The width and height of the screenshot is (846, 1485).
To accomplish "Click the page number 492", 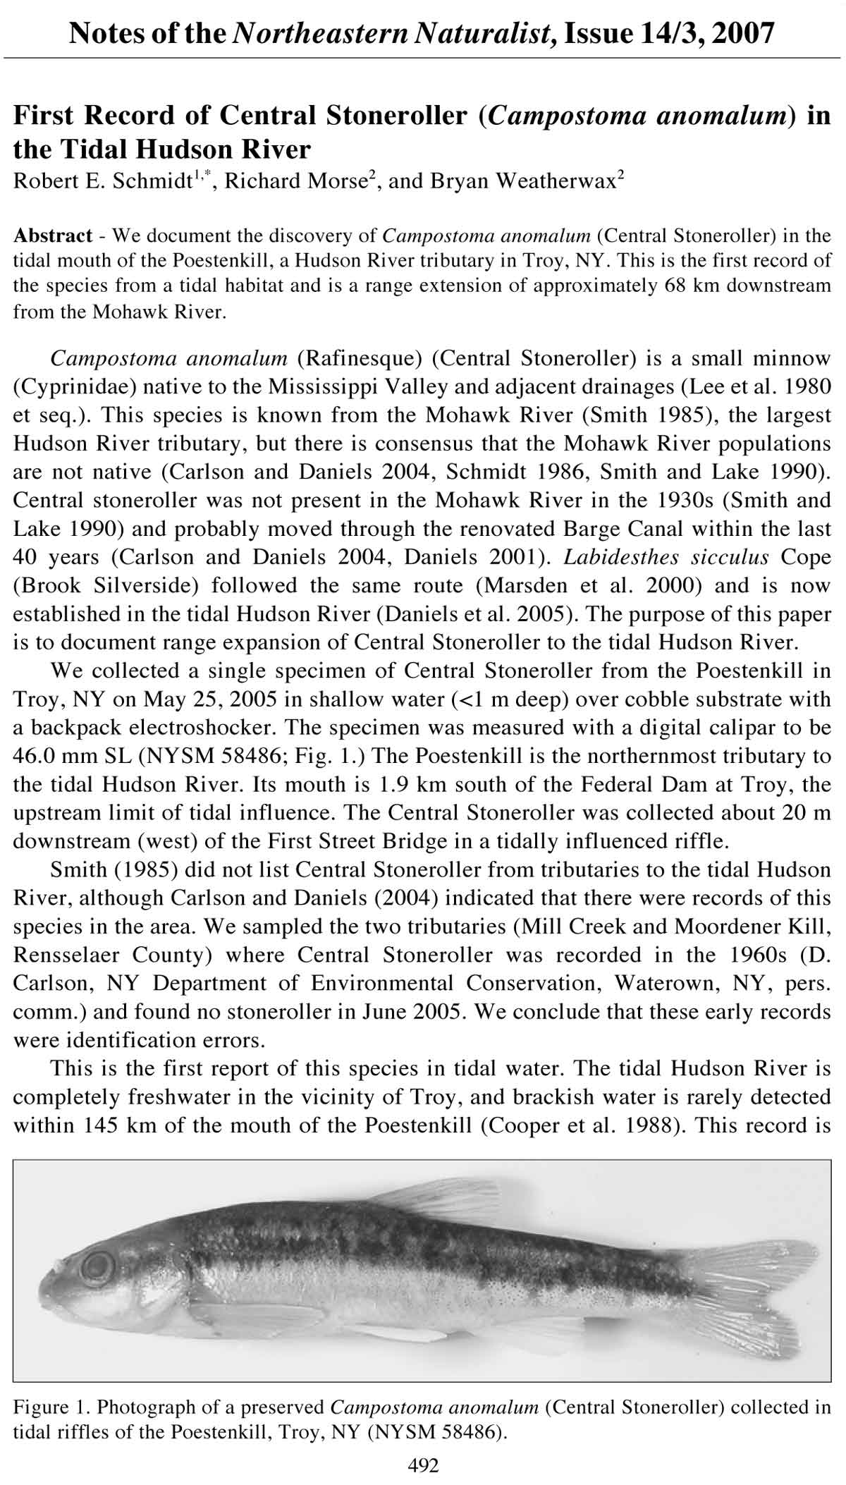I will [x=423, y=1466].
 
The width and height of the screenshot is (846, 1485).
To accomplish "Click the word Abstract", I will [x=53, y=235].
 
